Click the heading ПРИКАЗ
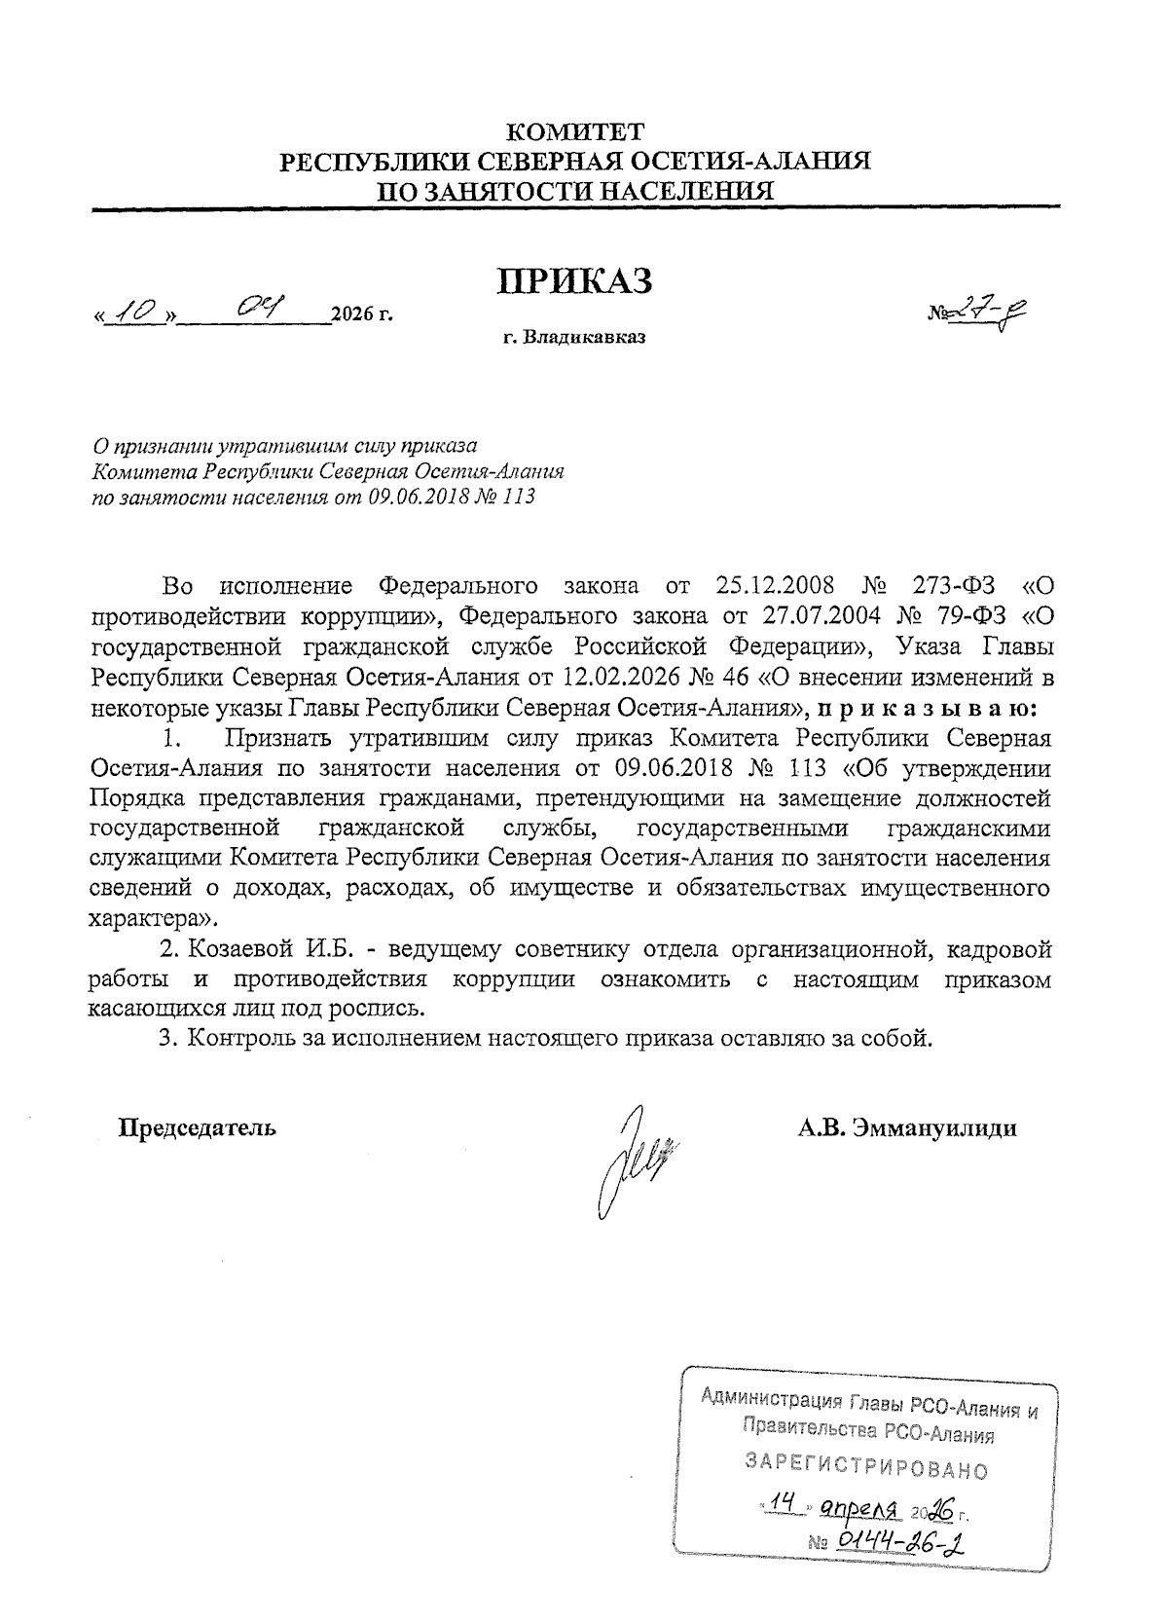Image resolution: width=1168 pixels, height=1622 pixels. point(574,280)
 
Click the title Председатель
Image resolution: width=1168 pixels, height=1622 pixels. point(198,1128)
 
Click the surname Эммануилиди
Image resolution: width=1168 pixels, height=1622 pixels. point(933,1128)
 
